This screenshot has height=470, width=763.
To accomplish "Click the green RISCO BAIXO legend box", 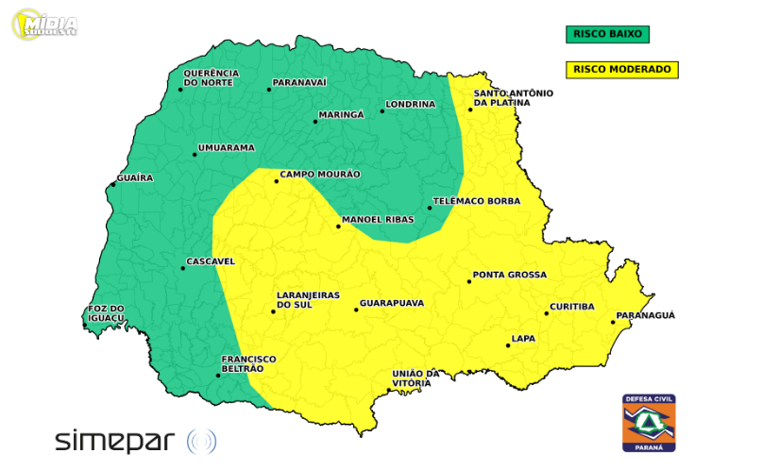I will [x=607, y=34].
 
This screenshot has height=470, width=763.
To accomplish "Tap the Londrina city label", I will [x=411, y=104].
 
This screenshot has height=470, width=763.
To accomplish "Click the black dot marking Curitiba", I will [x=546, y=312].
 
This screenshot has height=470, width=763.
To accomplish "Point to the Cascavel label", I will [x=211, y=260].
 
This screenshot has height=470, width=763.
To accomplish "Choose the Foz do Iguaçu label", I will [x=106, y=313].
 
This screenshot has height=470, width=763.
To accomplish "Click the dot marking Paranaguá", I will [x=613, y=323].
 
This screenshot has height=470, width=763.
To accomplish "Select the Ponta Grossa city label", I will [x=510, y=275].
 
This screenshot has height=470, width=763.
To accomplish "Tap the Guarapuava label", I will [x=391, y=303].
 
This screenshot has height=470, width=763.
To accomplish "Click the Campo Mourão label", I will [x=320, y=175].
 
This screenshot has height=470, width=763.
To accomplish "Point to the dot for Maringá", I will [x=316, y=122].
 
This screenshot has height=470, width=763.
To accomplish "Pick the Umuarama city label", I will [x=228, y=148].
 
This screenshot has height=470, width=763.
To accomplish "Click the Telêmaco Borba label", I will [x=477, y=202].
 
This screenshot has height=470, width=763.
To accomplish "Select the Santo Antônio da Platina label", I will [x=513, y=98].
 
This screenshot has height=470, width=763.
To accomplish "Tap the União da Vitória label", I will [x=416, y=378].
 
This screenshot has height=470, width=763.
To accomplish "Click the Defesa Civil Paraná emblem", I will [x=649, y=422].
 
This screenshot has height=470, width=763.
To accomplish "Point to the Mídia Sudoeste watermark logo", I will [x=45, y=24].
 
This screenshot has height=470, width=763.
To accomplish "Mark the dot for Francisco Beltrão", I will [x=218, y=376].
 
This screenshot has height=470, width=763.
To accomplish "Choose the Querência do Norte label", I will [x=210, y=78].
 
